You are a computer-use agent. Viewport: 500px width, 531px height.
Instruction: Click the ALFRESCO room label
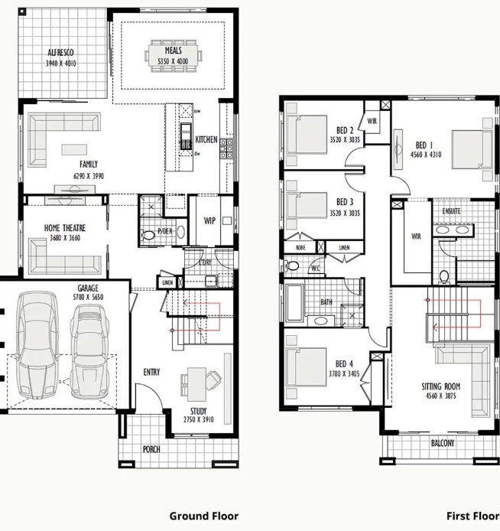61,53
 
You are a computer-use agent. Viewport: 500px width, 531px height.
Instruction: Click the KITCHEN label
206,140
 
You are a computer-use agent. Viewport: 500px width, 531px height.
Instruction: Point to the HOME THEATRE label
64,228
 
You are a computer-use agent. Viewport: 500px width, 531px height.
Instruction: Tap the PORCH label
151,449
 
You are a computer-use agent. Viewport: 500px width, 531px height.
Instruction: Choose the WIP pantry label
209,221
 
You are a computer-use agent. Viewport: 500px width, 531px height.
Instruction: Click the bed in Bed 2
307,133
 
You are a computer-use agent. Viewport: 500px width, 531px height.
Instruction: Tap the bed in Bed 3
307,205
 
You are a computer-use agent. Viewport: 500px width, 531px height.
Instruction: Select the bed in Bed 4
306,366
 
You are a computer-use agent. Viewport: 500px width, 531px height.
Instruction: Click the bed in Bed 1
472,148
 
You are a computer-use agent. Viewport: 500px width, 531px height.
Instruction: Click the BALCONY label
442,443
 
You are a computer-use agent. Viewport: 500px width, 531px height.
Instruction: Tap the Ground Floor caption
203,516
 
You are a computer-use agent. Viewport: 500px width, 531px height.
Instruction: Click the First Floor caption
472,516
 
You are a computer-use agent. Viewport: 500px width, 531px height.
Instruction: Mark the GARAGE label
88,288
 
